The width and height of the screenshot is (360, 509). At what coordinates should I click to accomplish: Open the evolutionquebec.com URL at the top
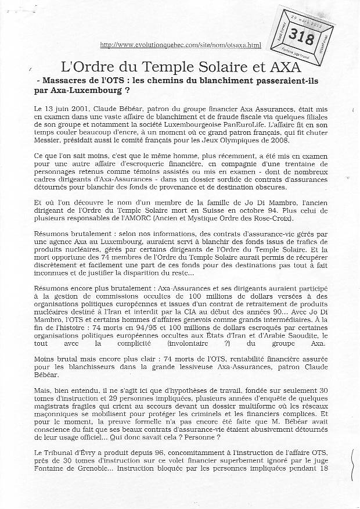coord(181,45)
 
